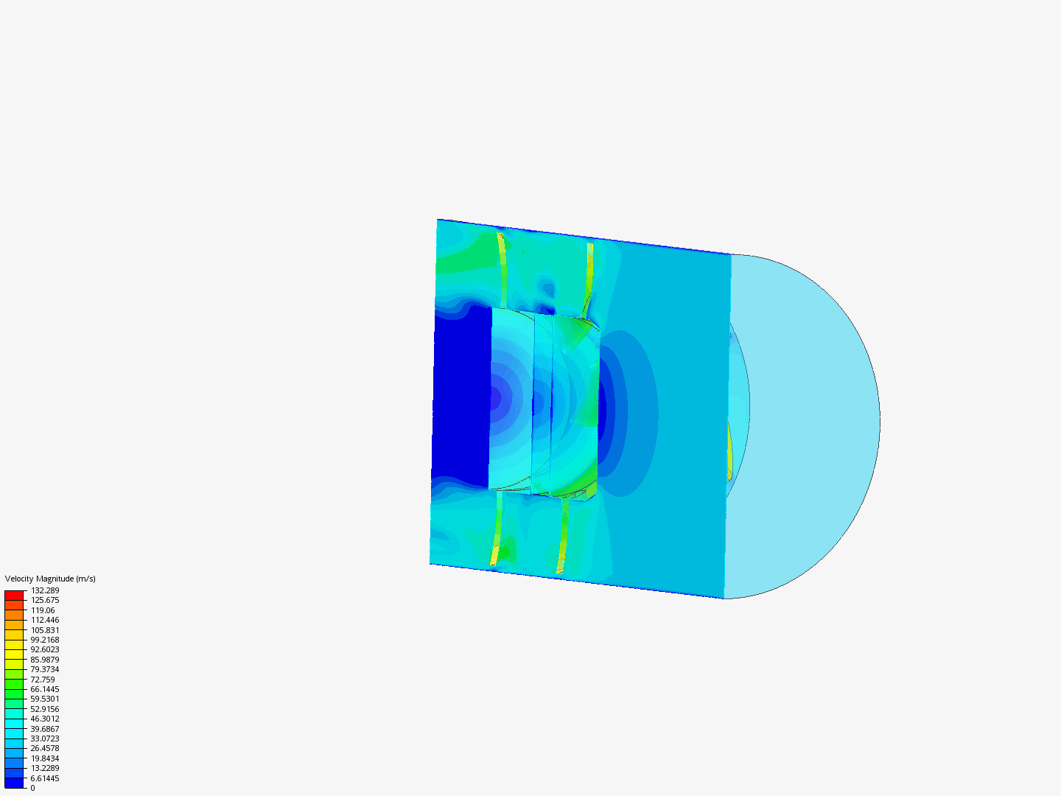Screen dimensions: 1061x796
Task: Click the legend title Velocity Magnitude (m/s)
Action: pos(50,579)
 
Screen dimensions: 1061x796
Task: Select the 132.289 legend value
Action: pos(45,590)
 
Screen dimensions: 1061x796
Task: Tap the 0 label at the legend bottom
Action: pos(32,788)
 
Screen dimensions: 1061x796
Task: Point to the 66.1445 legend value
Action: pos(45,689)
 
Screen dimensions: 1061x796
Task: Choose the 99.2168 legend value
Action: pos(45,640)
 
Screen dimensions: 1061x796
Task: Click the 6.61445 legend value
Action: pos(45,778)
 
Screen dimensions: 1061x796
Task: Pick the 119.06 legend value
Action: pos(43,610)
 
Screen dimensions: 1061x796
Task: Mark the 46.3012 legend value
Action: pos(45,719)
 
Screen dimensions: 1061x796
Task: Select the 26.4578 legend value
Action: pos(45,748)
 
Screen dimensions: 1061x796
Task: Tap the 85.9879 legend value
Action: pos(45,660)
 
